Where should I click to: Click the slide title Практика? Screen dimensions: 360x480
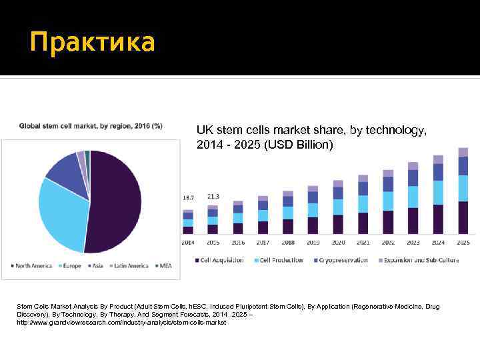click(x=92, y=42)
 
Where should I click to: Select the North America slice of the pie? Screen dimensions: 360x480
click(x=117, y=200)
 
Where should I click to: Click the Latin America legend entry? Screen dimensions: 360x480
click(x=129, y=265)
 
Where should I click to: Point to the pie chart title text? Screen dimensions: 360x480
click(x=90, y=125)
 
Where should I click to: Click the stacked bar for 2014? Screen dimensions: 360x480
click(x=188, y=222)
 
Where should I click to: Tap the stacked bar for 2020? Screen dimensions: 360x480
click(x=338, y=207)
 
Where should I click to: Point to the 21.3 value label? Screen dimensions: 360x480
click(x=213, y=197)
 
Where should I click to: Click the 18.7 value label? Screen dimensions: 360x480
click(x=189, y=198)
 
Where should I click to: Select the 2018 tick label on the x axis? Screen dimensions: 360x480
click(x=288, y=243)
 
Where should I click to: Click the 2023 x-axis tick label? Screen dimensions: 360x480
click(x=413, y=243)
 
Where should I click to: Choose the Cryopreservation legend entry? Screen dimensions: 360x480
click(x=342, y=260)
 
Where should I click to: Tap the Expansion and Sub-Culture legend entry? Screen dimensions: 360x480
click(x=421, y=260)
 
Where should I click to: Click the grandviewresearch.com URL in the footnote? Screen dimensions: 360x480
click(x=122, y=323)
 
